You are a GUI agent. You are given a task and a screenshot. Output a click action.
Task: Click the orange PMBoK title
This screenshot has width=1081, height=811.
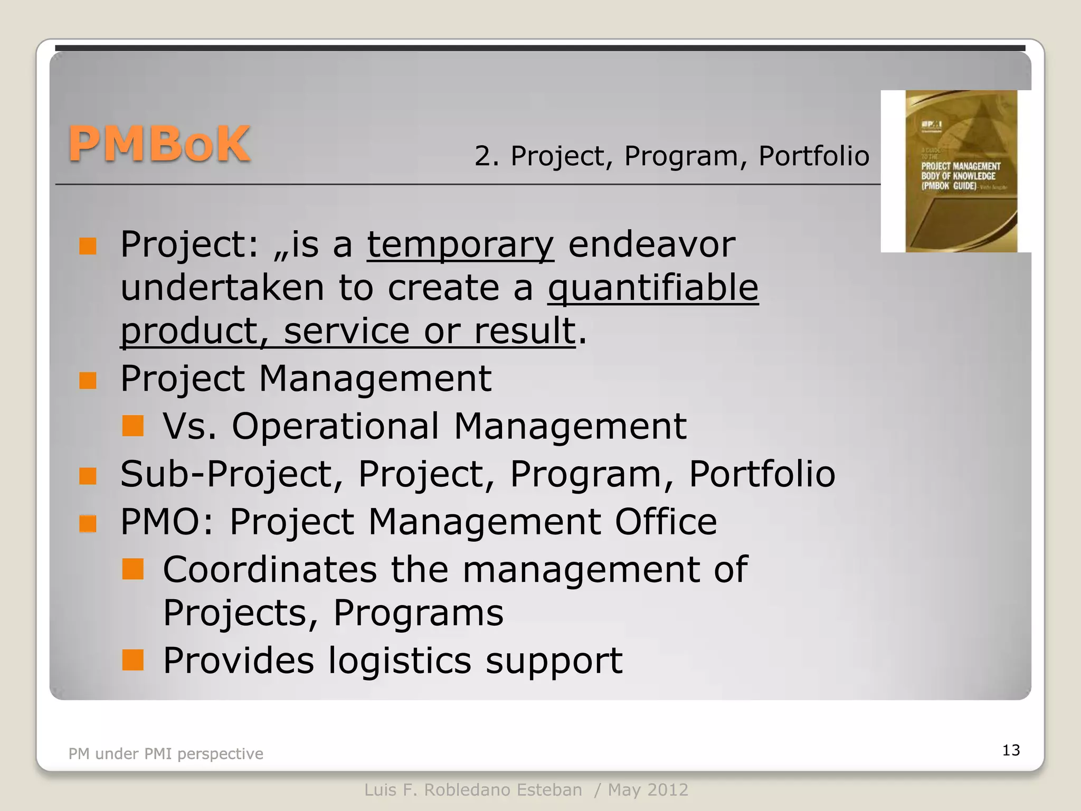tap(159, 144)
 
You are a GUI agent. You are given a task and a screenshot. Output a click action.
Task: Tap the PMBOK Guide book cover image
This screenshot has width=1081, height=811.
tap(961, 171)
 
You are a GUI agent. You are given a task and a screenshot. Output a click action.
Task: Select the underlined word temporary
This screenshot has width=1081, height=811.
tap(460, 244)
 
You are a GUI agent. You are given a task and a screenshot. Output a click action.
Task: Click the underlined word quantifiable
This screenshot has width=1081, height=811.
tap(653, 288)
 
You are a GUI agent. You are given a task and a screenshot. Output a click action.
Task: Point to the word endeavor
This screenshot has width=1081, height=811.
tap(651, 244)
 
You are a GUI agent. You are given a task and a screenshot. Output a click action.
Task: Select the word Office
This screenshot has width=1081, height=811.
tap(666, 522)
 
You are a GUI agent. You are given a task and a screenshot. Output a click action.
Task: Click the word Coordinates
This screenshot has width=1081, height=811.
tap(270, 569)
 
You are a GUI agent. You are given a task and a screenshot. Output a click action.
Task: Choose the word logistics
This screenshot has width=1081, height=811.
tap(400, 661)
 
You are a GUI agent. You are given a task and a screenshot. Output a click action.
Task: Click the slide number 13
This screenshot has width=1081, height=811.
tap(1011, 750)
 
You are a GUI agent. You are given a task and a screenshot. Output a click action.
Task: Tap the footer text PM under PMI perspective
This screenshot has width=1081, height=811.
tap(166, 753)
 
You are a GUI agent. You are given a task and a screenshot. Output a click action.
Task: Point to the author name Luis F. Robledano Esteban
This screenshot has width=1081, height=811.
tap(473, 790)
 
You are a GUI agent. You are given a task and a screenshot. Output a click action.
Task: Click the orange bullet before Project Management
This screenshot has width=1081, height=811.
tap(88, 380)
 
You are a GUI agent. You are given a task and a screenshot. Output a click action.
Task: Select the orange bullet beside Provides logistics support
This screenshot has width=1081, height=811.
tap(132, 660)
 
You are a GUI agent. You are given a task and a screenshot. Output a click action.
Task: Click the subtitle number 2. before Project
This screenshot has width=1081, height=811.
tap(486, 156)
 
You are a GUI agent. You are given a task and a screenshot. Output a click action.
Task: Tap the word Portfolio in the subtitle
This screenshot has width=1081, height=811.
tap(813, 156)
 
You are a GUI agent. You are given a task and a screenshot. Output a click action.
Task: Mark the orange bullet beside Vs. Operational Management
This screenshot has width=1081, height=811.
tap(132, 426)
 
